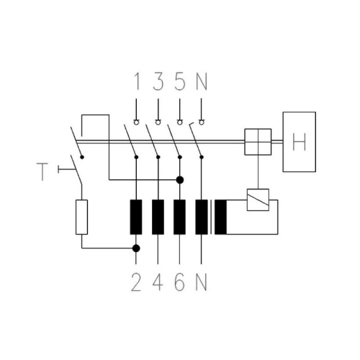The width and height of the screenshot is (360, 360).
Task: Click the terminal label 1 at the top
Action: pyautogui.click(x=137, y=81)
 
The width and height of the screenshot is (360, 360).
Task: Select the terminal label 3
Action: pyautogui.click(x=158, y=81)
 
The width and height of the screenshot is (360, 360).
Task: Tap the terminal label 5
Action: pyautogui.click(x=180, y=81)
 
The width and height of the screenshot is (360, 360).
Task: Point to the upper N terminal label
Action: pyautogui.click(x=202, y=81)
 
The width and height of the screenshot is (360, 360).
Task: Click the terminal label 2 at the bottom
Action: pyautogui.click(x=136, y=282)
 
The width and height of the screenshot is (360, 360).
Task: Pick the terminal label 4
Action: pyautogui.click(x=158, y=282)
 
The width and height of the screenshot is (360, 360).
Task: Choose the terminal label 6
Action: pyautogui.click(x=180, y=282)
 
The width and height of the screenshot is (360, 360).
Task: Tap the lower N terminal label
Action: pyautogui.click(x=202, y=282)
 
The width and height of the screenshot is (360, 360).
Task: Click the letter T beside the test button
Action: pyautogui.click(x=42, y=172)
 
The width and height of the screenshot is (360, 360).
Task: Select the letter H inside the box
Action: pyautogui.click(x=300, y=142)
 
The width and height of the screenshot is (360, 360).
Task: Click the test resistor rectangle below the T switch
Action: pyautogui.click(x=81, y=217)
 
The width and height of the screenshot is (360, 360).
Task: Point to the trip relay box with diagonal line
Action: pyautogui.click(x=258, y=199)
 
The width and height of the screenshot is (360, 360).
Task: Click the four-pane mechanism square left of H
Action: pyautogui.click(x=258, y=142)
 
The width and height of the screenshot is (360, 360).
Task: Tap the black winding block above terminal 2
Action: pyautogui.click(x=136, y=217)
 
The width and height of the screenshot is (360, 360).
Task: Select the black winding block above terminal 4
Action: pyautogui.click(x=158, y=217)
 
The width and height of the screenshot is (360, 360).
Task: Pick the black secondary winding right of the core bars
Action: pyautogui.click(x=220, y=217)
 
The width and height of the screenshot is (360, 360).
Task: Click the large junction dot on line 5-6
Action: pyautogui.click(x=180, y=180)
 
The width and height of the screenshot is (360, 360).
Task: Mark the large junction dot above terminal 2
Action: pyautogui.click(x=136, y=248)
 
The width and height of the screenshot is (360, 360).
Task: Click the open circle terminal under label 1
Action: pyautogui.click(x=136, y=122)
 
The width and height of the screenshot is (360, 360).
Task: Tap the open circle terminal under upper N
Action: pyautogui.click(x=202, y=122)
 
